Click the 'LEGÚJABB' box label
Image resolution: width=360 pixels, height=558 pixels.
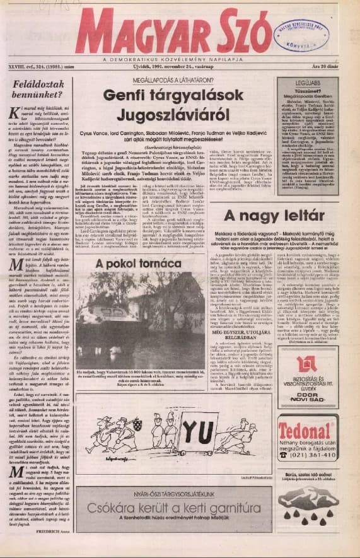tap(307, 82)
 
